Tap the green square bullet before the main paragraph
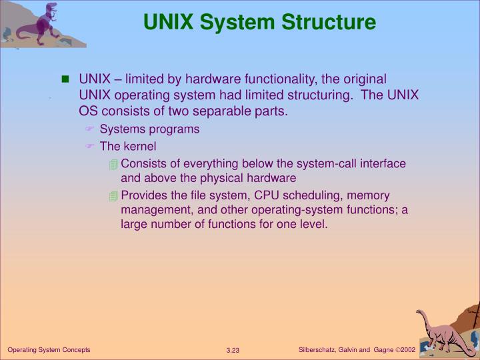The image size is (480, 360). point(65,79)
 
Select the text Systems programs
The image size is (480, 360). point(149,129)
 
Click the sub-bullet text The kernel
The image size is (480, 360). point(128,146)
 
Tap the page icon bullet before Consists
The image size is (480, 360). point(114,164)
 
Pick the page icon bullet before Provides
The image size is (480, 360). point(114,196)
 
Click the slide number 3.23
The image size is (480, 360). point(233,351)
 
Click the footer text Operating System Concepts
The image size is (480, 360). point(49,350)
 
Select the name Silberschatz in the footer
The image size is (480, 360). point(318,350)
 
